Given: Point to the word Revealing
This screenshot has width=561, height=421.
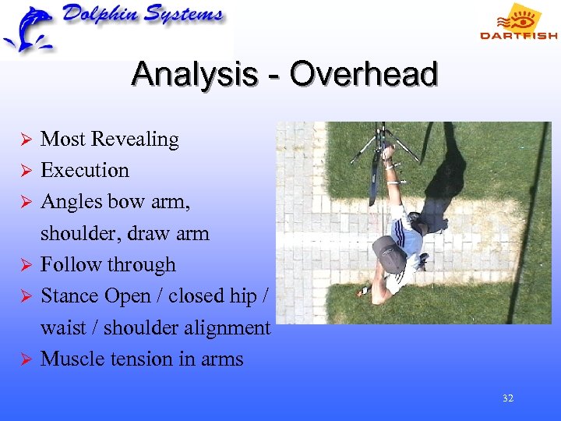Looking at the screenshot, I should [135, 140].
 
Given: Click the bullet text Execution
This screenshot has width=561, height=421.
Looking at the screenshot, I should [84, 171].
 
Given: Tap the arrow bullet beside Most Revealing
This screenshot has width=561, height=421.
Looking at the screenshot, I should [25, 140].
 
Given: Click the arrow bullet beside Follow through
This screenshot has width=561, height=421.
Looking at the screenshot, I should [25, 266].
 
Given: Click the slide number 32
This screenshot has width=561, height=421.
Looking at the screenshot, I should [508, 398].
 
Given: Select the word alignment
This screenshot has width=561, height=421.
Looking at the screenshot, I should [226, 328].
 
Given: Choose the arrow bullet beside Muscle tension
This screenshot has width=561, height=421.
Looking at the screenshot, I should [25, 359].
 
